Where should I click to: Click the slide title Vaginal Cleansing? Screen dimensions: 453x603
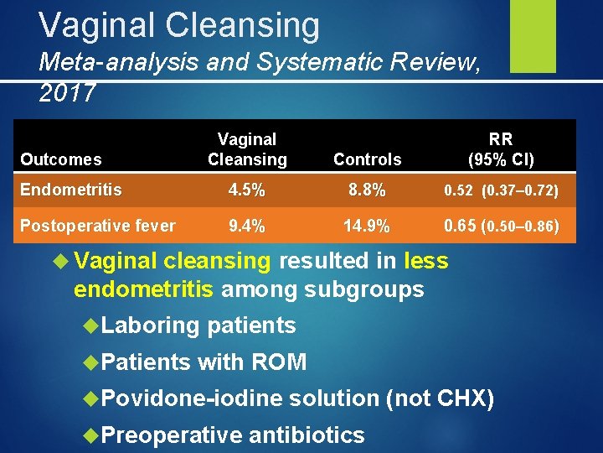pos(179,25)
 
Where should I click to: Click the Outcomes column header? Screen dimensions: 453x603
pos(61,159)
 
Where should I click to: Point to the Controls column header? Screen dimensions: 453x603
pos(367,159)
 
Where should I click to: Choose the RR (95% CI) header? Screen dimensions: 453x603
pos(501,149)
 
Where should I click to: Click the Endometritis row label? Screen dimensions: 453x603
pos(70,190)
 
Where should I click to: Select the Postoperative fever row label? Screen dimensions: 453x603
pos(98,225)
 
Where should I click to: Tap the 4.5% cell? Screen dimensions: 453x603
pos(246,190)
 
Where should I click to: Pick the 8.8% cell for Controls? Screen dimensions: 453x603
pos(367,190)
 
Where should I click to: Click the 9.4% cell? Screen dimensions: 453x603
pos(246,225)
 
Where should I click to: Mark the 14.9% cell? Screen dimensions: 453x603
pos(367,225)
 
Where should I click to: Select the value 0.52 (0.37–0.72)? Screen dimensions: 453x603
pos(502,191)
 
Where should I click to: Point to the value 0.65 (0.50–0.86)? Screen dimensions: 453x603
pos(502,225)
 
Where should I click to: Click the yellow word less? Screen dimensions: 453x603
pos(426,262)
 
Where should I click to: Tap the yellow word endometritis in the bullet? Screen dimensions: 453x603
pos(145,289)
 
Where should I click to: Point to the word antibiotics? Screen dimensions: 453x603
pos(307,435)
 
